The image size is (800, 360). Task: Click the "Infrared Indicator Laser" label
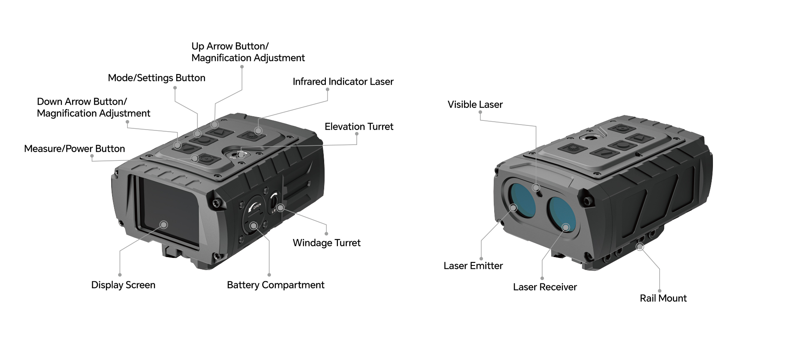pos(343,82)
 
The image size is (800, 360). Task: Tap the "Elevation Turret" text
pos(359,127)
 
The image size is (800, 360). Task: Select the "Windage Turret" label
pos(326,243)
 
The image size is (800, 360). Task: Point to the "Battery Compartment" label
pos(275,285)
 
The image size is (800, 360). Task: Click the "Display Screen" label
pos(123,285)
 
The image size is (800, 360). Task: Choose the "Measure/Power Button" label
pos(74,149)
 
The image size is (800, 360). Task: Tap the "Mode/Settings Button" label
pos(156,78)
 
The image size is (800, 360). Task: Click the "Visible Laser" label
pos(475,105)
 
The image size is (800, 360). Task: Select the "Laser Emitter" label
pos(473,266)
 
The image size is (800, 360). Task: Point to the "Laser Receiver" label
pos(545,287)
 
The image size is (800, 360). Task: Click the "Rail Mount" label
pos(663,298)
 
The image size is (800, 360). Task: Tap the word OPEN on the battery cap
pos(257,206)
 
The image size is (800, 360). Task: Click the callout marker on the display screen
pos(164,225)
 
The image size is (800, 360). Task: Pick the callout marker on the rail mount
pos(640,247)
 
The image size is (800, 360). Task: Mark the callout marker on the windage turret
pos(280,207)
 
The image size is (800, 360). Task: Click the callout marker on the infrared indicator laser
pos(258,131)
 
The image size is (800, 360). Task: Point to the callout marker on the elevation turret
pos(241,155)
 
